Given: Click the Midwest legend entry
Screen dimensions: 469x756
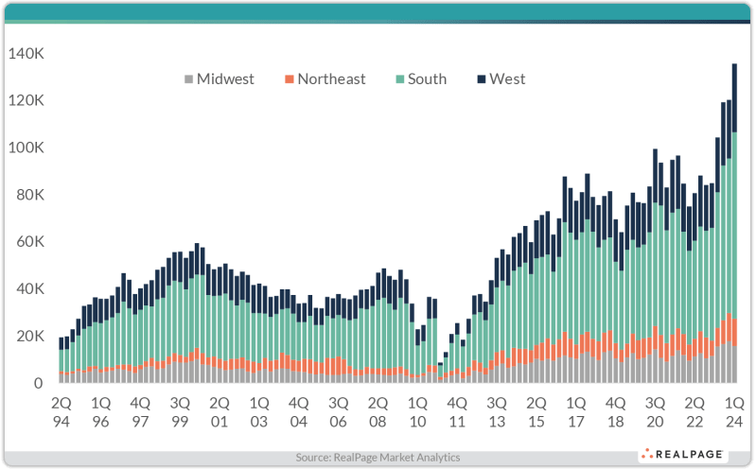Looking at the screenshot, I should click(x=218, y=79).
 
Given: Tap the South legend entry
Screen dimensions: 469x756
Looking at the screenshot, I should click(x=421, y=79).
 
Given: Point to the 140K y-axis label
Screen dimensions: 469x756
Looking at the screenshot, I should click(x=26, y=55).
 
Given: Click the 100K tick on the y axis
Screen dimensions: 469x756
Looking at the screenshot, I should click(x=26, y=148).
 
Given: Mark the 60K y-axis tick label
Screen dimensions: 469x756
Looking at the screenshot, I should click(x=28, y=242).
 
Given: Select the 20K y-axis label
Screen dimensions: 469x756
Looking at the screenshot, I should click(x=28, y=337).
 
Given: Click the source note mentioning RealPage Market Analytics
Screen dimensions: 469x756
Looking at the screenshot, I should click(x=378, y=457).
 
